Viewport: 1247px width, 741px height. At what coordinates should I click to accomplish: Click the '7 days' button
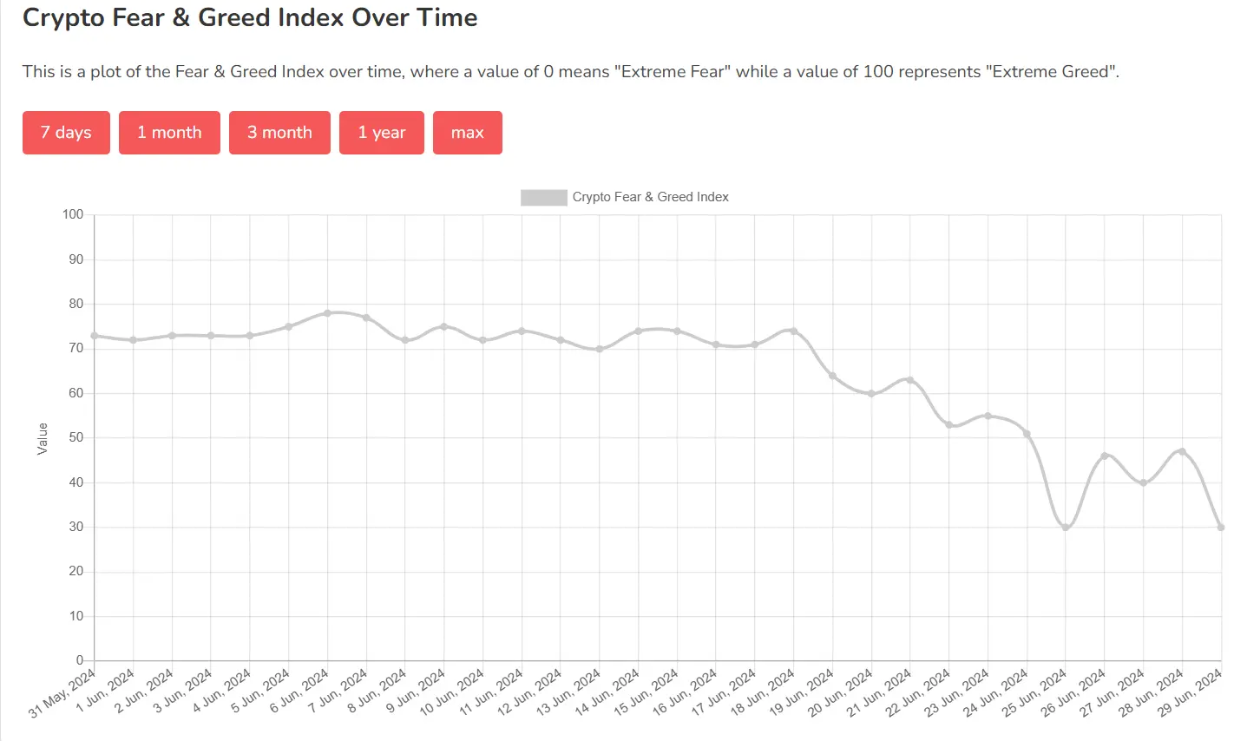pyautogui.click(x=66, y=133)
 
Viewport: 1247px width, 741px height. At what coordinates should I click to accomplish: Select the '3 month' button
pyautogui.click(x=279, y=133)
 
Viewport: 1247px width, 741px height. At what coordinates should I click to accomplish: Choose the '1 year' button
pyautogui.click(x=381, y=133)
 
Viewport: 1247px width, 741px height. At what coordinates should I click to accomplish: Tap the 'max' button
pyautogui.click(x=467, y=133)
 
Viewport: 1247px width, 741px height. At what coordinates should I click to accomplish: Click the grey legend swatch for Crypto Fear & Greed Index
pyautogui.click(x=543, y=197)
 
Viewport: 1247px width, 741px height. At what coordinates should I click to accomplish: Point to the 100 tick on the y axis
pyautogui.click(x=73, y=214)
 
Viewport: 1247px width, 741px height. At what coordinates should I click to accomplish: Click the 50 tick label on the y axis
pyautogui.click(x=75, y=437)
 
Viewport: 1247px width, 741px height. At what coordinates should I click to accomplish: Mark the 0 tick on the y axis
pyautogui.click(x=79, y=660)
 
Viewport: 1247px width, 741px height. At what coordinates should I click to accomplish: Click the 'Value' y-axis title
pyautogui.click(x=43, y=438)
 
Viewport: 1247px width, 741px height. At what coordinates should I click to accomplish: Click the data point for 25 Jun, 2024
pyautogui.click(x=1066, y=527)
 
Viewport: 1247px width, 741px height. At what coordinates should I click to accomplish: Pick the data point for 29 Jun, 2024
pyautogui.click(x=1221, y=527)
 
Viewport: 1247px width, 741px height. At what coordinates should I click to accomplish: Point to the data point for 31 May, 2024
pyautogui.click(x=95, y=335)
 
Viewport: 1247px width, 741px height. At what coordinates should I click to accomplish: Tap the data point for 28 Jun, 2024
pyautogui.click(x=1182, y=451)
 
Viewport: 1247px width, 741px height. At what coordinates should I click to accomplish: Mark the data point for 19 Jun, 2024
pyautogui.click(x=833, y=376)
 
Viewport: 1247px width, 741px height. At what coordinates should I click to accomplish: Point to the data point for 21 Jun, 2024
pyautogui.click(x=910, y=380)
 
